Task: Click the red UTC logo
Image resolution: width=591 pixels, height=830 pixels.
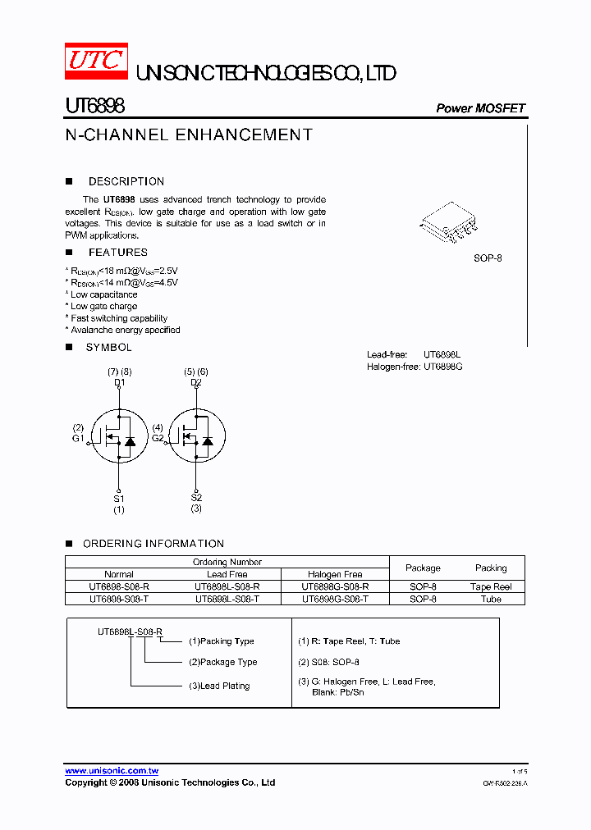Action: point(96,60)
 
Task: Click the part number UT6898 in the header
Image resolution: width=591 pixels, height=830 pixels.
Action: point(94,107)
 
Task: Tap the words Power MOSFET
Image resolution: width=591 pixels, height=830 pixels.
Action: point(480,108)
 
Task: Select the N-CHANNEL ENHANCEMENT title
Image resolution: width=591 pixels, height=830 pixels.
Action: point(189,135)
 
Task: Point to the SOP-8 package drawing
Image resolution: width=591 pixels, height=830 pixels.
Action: point(448,221)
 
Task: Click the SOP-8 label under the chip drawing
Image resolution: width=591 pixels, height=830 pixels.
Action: point(488,258)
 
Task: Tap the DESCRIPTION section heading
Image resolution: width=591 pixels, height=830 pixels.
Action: point(126,182)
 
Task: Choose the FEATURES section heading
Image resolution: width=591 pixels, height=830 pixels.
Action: point(118,253)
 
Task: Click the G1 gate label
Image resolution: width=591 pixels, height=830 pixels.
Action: point(78,439)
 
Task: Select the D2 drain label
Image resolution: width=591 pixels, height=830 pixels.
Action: point(196,382)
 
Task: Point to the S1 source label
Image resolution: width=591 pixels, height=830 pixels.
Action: point(119,498)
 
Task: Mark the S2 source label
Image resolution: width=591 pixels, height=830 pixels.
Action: point(196,498)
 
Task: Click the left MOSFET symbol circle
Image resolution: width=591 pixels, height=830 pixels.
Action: point(118,435)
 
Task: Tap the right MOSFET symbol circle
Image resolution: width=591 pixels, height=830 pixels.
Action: point(197,435)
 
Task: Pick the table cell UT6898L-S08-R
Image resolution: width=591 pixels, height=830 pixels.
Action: point(227,587)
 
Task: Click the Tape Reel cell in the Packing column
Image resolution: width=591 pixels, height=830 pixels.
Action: point(491,587)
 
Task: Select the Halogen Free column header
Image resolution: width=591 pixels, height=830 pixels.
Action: point(335,575)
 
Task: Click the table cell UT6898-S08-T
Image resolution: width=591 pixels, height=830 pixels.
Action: point(119,600)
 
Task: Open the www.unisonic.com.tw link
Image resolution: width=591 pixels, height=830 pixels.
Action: point(112,771)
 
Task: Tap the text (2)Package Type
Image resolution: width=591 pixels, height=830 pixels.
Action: point(223,662)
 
